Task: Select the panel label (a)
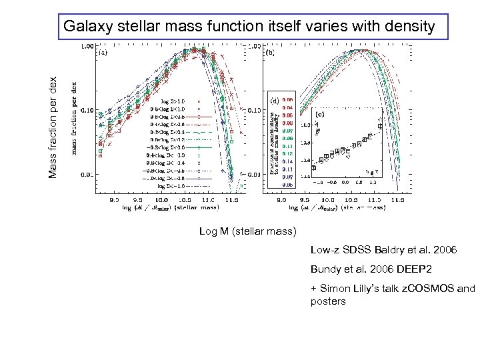[105, 51]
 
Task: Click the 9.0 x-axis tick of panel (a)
[115, 199]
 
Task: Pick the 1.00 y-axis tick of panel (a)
[87, 47]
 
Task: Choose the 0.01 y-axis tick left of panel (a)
[87, 175]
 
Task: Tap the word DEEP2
[414, 270]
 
